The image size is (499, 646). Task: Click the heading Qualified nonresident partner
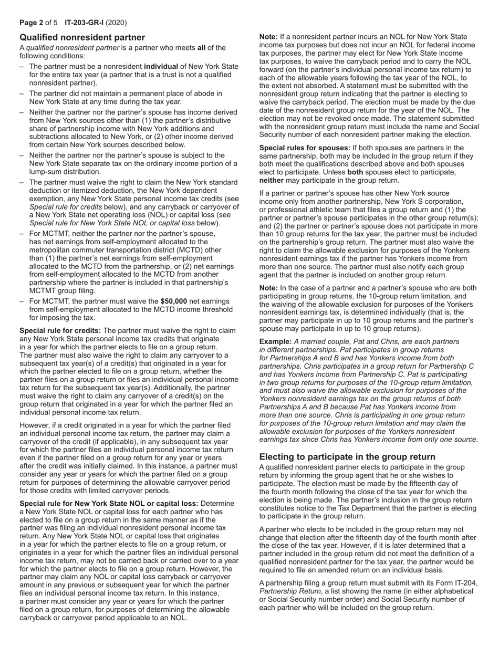[82, 37]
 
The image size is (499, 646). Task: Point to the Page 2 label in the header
[32, 23]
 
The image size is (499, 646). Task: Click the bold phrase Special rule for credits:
[60, 330]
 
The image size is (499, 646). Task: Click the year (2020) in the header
[116, 23]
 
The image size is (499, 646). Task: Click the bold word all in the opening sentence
[201, 47]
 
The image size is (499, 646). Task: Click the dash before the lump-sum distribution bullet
[22, 155]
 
